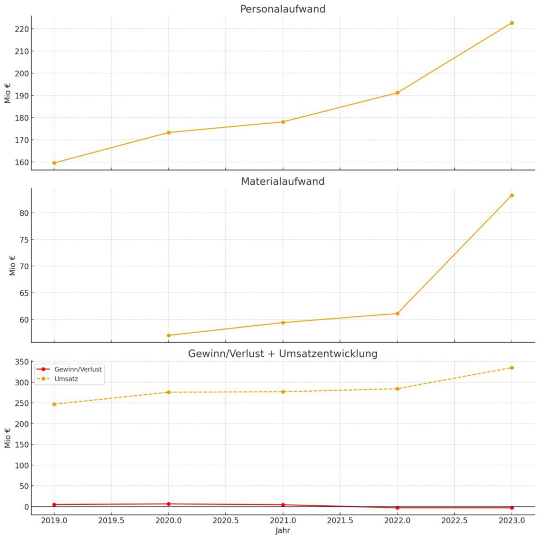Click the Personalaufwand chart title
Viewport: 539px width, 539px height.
pos(282,9)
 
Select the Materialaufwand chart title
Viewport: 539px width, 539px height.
pos(282,182)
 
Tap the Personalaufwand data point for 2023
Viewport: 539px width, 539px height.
pos(512,23)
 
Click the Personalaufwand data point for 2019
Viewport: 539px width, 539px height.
pos(54,163)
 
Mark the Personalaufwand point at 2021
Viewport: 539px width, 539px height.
pos(283,122)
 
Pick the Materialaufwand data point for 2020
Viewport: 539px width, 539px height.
pos(168,335)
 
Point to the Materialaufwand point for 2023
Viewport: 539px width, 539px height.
pos(512,195)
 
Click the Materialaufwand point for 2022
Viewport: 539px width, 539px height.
pos(397,314)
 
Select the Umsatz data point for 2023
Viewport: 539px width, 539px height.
pos(512,367)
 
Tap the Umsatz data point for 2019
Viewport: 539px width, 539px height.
pos(54,404)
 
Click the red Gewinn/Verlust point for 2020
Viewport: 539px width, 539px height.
pos(168,504)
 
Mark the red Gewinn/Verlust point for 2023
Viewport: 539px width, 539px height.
pos(512,507)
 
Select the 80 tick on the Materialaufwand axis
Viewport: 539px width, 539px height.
pos(22,213)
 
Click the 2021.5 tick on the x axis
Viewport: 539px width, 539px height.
pos(340,521)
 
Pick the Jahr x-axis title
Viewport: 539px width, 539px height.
pos(282,531)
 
